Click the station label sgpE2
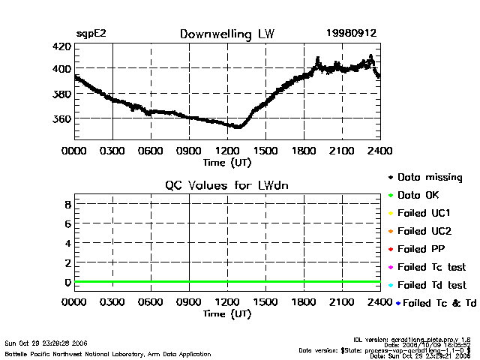point(91,34)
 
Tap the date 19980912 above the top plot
point(351,34)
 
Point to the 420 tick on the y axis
point(61,46)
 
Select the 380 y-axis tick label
point(61,94)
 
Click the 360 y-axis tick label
point(61,118)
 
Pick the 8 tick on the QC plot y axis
point(67,204)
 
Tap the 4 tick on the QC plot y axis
point(67,243)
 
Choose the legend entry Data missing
point(430,178)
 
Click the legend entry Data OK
point(420,195)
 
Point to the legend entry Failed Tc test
point(431,267)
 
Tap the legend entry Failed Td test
point(431,285)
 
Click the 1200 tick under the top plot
point(227,150)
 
